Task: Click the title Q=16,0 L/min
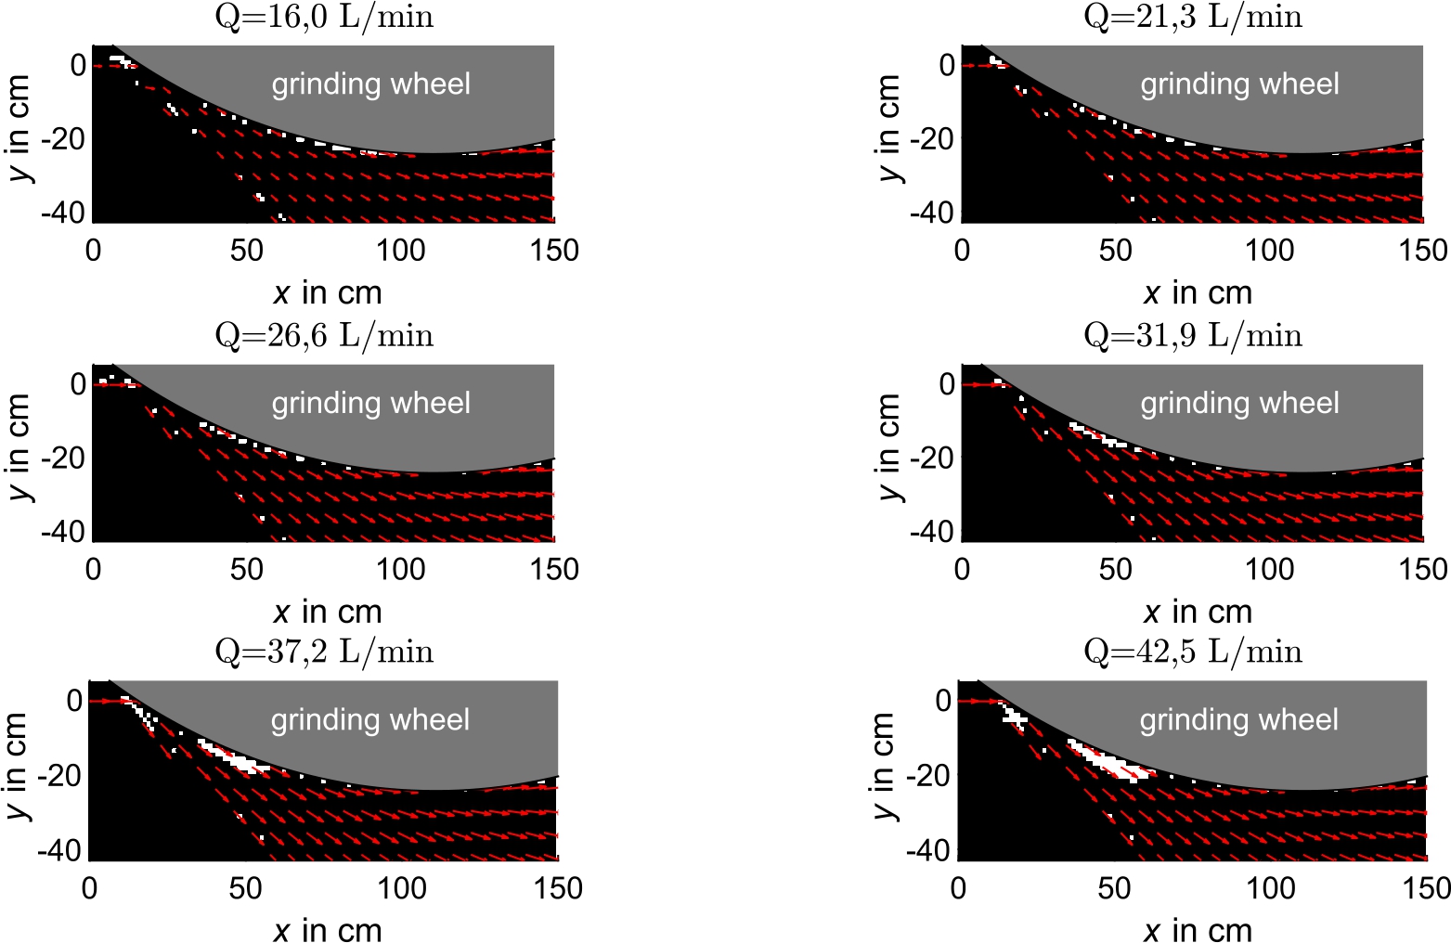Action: click(x=324, y=17)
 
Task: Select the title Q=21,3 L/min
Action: click(x=1193, y=17)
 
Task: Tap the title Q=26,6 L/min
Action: click(x=324, y=335)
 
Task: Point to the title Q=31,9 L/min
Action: click(x=1193, y=335)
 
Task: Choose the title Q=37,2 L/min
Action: click(x=324, y=652)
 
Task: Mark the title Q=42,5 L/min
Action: click(x=1193, y=652)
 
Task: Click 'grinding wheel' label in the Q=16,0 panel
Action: click(x=370, y=84)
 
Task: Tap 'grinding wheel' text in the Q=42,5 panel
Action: click(x=1238, y=720)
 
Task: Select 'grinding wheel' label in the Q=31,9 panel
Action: click(x=1239, y=403)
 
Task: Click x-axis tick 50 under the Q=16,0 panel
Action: click(x=247, y=251)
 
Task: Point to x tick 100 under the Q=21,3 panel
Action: click(x=1269, y=251)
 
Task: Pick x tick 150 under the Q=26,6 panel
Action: click(x=554, y=569)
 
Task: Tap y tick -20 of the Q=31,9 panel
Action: click(x=934, y=459)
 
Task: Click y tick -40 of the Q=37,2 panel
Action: click(x=61, y=850)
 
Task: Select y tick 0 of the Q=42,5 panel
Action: click(x=943, y=701)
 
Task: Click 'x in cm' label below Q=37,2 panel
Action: click(x=327, y=929)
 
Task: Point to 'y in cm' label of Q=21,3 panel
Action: click(x=887, y=129)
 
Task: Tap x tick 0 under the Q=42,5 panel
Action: click(x=959, y=888)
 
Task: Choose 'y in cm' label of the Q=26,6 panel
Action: click(x=19, y=447)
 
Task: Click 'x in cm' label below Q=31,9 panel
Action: click(x=1197, y=612)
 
